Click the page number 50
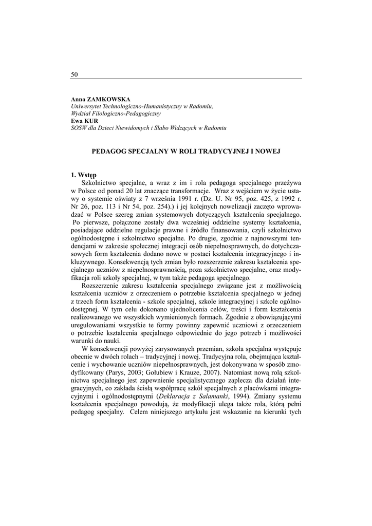point(74,74)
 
